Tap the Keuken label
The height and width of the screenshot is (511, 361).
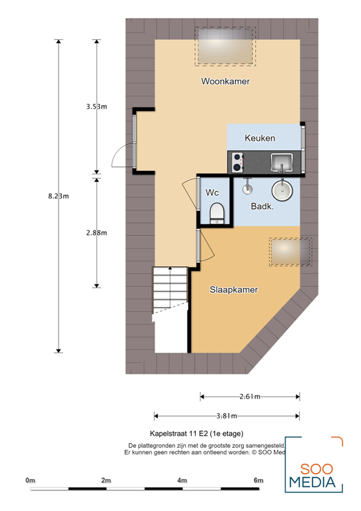(260, 138)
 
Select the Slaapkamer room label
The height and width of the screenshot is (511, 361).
(234, 290)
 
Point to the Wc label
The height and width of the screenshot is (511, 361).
(212, 192)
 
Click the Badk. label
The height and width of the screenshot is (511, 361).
(263, 207)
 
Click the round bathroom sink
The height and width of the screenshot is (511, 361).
(282, 189)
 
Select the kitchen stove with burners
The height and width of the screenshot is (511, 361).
(237, 160)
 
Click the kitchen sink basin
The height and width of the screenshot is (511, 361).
(282, 160)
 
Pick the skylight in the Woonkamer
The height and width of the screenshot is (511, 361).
(225, 46)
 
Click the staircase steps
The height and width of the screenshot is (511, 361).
(170, 293)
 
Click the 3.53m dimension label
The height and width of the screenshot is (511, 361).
(96, 106)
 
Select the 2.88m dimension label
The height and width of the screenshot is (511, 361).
(96, 232)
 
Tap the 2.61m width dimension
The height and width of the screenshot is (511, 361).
(249, 397)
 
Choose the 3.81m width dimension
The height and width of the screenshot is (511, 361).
(226, 417)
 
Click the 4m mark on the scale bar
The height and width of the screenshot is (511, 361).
(182, 480)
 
